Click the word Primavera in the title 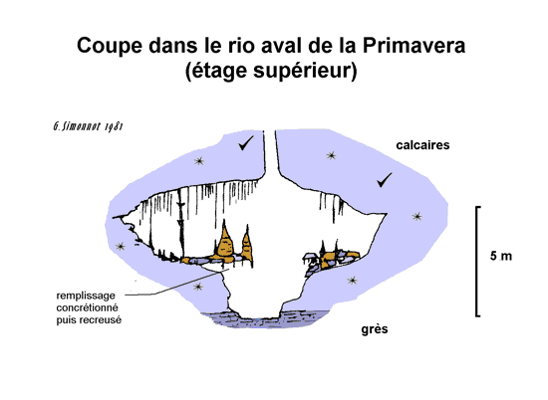[x=413, y=46]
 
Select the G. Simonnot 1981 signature [x=88, y=126]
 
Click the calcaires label [x=422, y=145]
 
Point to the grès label [x=375, y=329]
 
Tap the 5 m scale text [x=501, y=256]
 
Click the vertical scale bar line [x=476, y=262]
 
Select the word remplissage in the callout [x=86, y=296]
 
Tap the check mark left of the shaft [x=246, y=143]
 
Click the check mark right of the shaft [x=385, y=180]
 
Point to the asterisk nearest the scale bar [x=416, y=217]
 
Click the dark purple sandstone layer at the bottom [x=266, y=319]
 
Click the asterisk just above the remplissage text [x=198, y=287]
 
